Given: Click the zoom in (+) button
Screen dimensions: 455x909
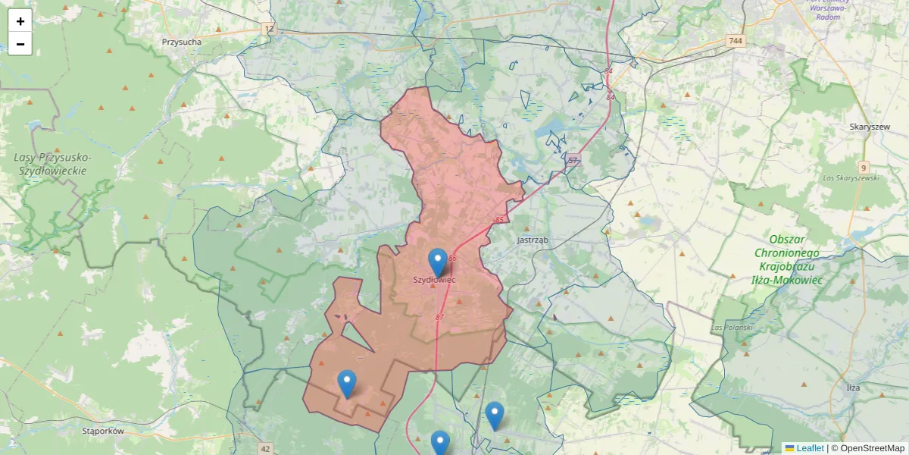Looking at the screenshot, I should [x=20, y=21].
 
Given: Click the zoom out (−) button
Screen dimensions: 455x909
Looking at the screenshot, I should [x=20, y=44].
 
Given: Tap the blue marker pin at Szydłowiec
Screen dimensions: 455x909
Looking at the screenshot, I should [x=437, y=262].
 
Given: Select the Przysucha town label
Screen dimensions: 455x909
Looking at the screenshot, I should [x=182, y=42].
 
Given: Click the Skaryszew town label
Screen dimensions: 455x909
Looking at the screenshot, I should [x=870, y=127].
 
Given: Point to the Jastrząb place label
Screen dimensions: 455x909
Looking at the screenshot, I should [x=532, y=240].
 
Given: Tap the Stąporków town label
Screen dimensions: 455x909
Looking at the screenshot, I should [x=103, y=431].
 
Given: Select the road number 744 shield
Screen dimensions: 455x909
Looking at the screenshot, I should [x=734, y=40].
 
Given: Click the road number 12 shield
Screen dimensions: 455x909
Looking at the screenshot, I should [x=269, y=28].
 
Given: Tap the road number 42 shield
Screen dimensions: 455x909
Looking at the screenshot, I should [x=264, y=449].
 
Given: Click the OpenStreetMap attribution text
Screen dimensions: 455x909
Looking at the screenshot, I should [x=868, y=448].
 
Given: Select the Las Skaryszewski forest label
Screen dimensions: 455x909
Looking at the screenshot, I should [x=851, y=177].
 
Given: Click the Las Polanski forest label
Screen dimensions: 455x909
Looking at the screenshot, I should [x=732, y=328].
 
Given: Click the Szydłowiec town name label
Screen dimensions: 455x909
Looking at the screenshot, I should [x=434, y=280].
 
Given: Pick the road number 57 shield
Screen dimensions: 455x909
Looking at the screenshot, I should [x=573, y=160].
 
